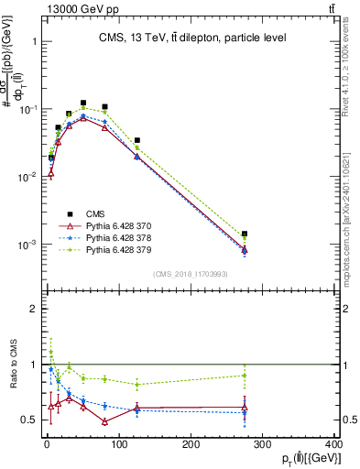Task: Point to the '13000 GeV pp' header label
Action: point(43,7)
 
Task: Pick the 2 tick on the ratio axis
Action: point(33,309)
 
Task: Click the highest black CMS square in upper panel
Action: point(83,104)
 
